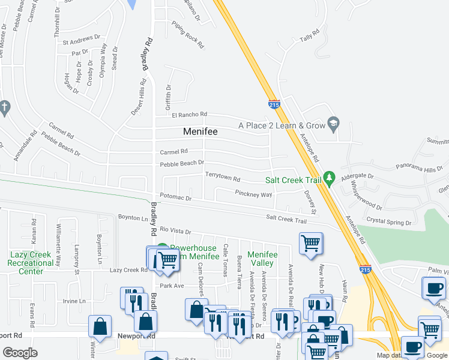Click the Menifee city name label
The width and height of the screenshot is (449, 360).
coord(200,131)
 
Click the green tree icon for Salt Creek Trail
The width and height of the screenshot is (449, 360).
coord(329,178)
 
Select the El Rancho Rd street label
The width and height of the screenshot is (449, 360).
coord(189,115)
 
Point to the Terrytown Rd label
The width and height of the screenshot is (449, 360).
coord(223,179)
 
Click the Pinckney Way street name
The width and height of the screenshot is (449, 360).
coord(253,194)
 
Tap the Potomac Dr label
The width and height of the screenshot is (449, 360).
coord(175,197)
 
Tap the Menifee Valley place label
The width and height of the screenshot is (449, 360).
coord(262,259)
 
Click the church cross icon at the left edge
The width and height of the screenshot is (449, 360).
coord(5,107)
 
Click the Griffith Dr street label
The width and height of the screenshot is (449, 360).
coord(168,95)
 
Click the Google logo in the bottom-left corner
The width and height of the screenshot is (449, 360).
coord(20,352)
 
